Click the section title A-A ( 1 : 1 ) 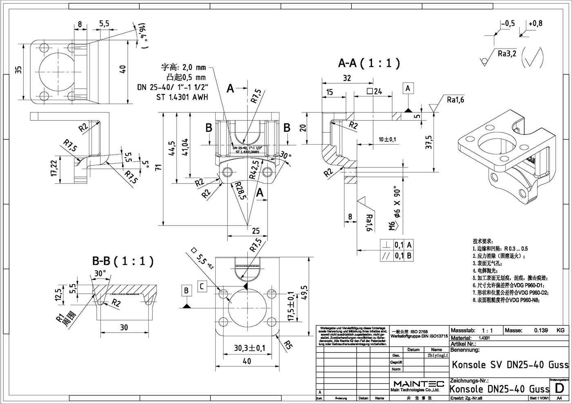[x=369, y=63]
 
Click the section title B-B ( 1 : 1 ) [x=123, y=261]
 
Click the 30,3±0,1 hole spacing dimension [x=250, y=348]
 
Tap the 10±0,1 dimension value [x=387, y=140]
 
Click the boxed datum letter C [x=201, y=286]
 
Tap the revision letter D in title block [x=560, y=387]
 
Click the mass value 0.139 [x=541, y=330]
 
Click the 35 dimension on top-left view [x=18, y=70]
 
